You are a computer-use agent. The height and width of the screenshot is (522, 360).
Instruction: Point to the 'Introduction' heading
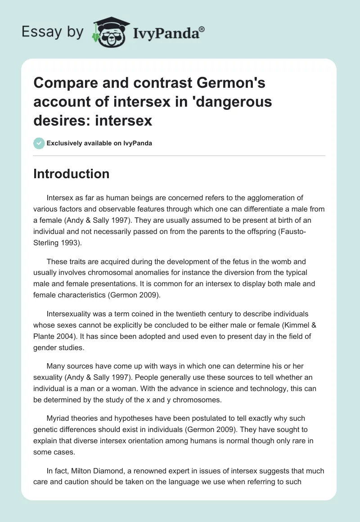(71, 174)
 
